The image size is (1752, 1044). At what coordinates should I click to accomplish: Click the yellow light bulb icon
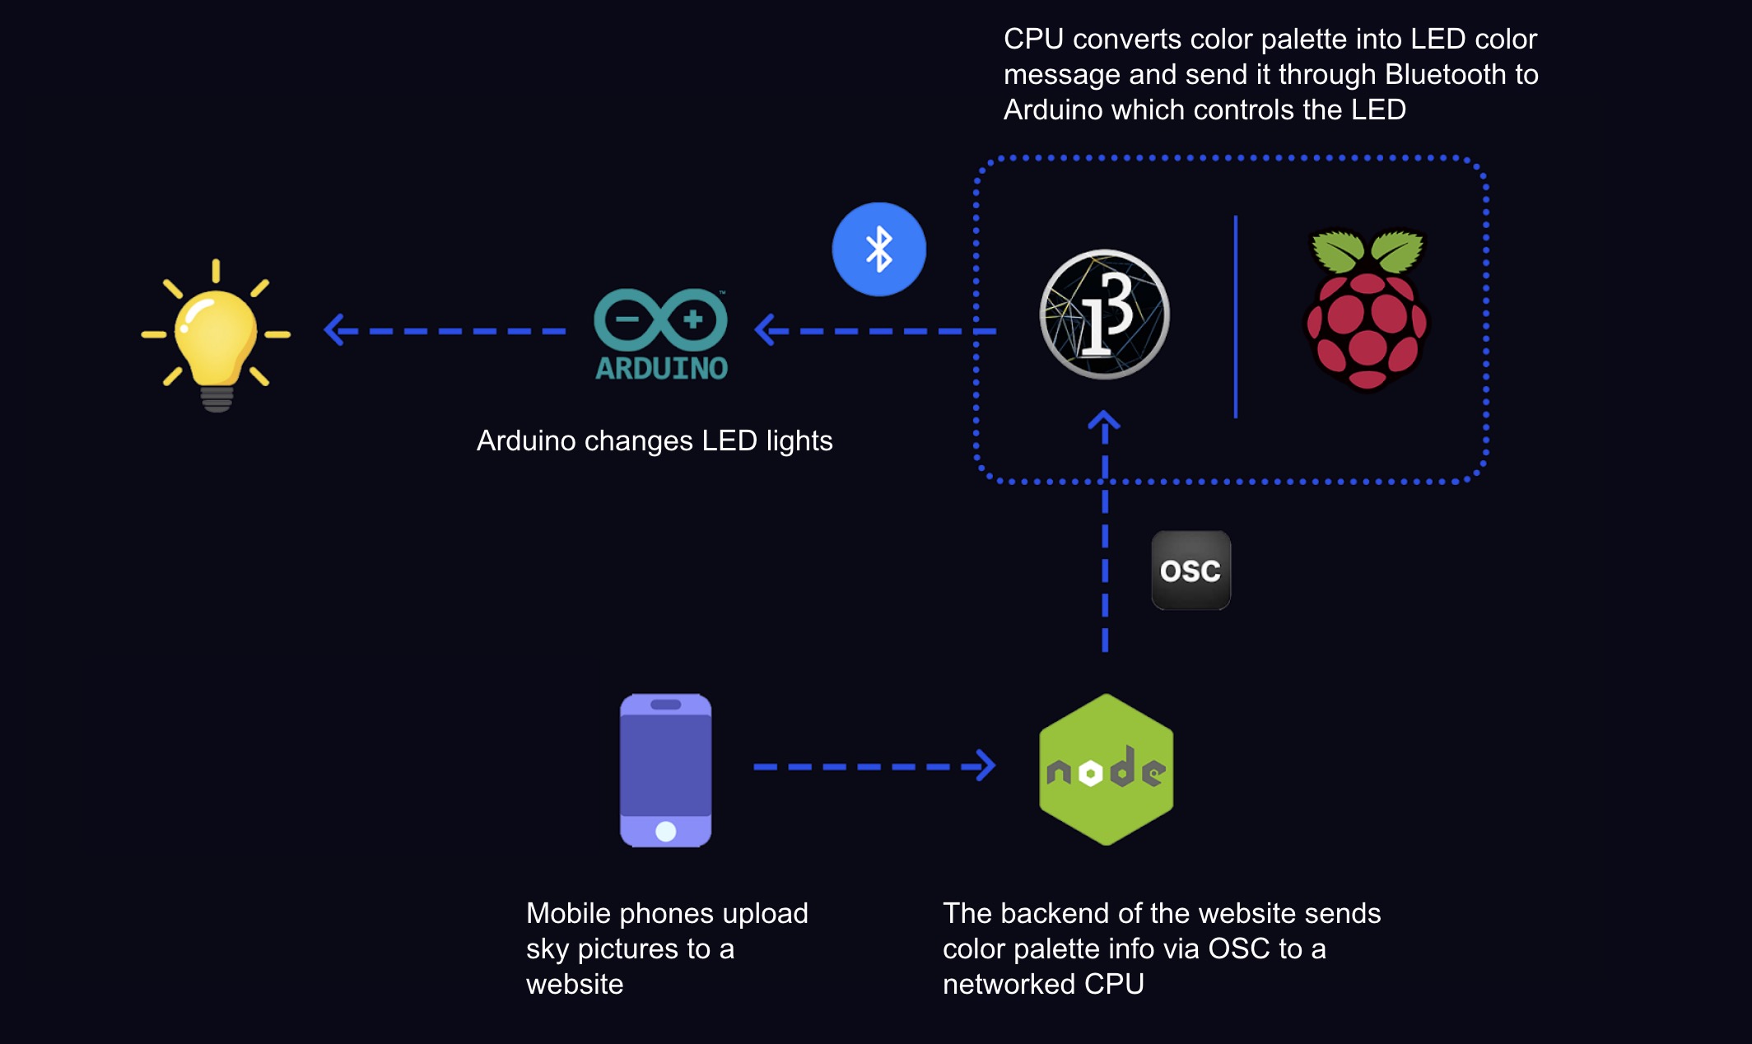click(x=217, y=338)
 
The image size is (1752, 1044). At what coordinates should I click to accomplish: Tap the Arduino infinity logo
click(x=660, y=319)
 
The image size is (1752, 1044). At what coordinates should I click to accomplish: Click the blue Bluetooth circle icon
click(x=878, y=249)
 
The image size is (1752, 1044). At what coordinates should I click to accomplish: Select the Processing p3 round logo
click(x=1104, y=315)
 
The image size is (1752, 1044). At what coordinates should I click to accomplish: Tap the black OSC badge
click(x=1191, y=571)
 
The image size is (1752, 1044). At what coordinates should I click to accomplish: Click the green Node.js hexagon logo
click(x=1107, y=770)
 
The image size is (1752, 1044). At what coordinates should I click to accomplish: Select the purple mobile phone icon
click(x=665, y=770)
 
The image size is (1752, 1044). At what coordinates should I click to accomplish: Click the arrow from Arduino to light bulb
click(x=445, y=331)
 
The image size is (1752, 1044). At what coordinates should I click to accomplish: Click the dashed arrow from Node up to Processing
click(x=1105, y=535)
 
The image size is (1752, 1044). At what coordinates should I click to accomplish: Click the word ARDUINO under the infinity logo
click(x=661, y=369)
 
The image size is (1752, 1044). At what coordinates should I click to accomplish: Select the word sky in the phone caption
click(x=547, y=949)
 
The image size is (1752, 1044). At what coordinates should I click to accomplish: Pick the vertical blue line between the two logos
click(x=1236, y=317)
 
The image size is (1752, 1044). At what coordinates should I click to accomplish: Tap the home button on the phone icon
click(x=665, y=832)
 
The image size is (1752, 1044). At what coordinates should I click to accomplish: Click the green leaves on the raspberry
click(x=1367, y=251)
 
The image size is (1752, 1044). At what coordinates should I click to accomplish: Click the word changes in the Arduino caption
click(x=638, y=441)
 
